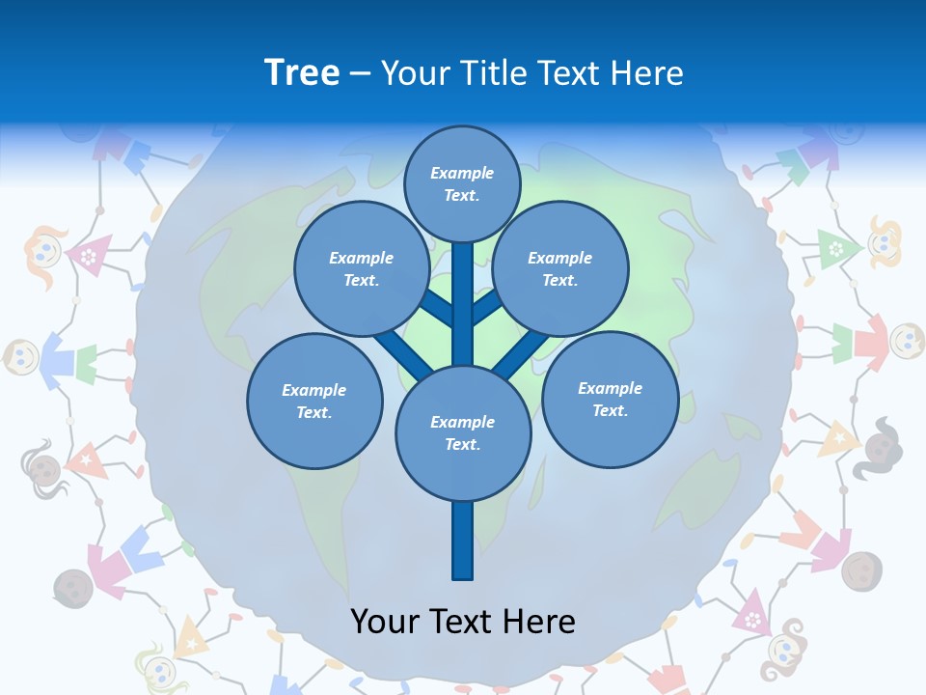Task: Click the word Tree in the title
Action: [x=302, y=73]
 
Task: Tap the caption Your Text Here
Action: [x=463, y=622]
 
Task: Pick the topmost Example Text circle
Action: [x=462, y=183]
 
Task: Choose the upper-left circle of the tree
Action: [x=362, y=268]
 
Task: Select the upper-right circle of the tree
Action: [x=560, y=268]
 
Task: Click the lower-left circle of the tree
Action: [x=314, y=401]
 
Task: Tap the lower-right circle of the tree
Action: [x=610, y=399]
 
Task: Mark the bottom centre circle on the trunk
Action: [x=463, y=432]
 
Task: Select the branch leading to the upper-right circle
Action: [x=488, y=307]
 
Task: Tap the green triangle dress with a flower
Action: [x=836, y=248]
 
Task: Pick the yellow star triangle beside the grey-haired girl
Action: [x=837, y=440]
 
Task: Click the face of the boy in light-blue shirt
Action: [x=21, y=357]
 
